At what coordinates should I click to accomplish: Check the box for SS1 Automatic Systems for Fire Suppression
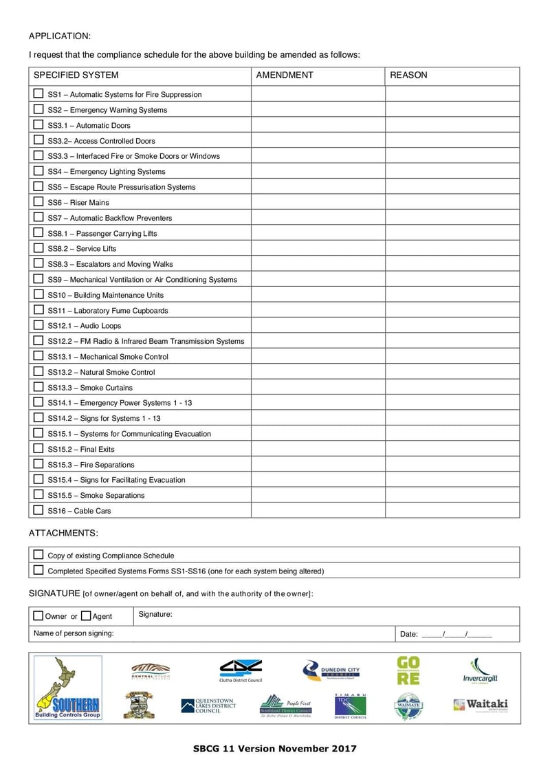(38, 94)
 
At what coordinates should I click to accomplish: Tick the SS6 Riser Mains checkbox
(38, 201)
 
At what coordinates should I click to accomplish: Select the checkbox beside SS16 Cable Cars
(38, 510)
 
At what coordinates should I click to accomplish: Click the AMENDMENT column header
(285, 75)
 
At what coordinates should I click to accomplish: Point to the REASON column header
(408, 75)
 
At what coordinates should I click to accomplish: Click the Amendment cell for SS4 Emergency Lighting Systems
(318, 171)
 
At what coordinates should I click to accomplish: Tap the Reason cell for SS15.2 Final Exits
(452, 449)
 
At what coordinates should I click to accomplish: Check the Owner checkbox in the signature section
(38, 615)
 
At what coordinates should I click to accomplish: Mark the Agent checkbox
(86, 615)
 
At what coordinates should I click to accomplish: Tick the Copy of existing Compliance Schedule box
(38, 555)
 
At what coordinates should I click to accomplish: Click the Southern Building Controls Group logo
(68, 688)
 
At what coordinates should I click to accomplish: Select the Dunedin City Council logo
(331, 670)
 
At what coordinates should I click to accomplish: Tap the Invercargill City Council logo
(480, 671)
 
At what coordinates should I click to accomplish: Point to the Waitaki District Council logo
(481, 705)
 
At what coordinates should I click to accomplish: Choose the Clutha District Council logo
(241, 670)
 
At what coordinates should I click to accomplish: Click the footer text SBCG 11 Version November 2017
(275, 749)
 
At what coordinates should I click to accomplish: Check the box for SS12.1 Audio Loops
(38, 325)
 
